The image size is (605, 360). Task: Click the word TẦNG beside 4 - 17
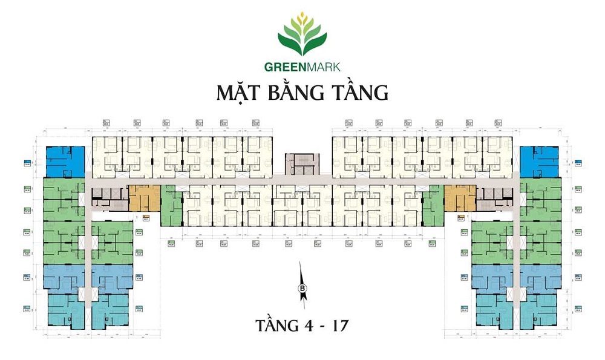tap(270, 326)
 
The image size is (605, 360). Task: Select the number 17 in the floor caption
tap(339, 326)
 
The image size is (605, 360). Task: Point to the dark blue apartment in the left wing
tap(64, 161)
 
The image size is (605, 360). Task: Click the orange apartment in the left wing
tap(144, 198)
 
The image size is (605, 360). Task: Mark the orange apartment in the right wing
tap(460, 198)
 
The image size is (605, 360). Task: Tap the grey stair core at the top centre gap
tap(300, 161)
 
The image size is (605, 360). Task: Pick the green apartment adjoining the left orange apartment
tap(171, 206)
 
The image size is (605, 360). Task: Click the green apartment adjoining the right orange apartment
tap(433, 206)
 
